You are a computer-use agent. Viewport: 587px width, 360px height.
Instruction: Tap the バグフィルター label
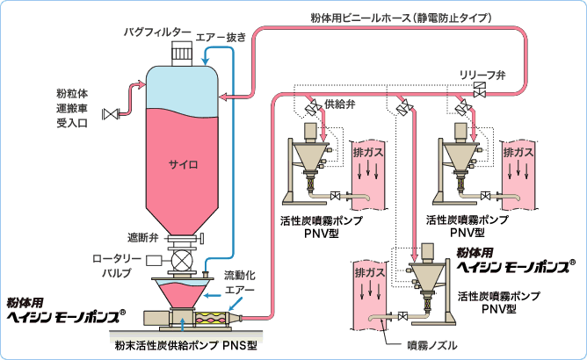(157, 32)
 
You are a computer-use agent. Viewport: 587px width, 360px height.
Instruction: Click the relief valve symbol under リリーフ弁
(480, 90)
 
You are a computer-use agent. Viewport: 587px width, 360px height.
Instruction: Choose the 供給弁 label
(339, 104)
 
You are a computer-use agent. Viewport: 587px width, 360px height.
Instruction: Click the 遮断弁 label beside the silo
(140, 238)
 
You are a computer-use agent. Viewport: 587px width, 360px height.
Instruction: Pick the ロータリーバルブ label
(113, 265)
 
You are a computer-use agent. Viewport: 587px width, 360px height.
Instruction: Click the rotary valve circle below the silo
(181, 261)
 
